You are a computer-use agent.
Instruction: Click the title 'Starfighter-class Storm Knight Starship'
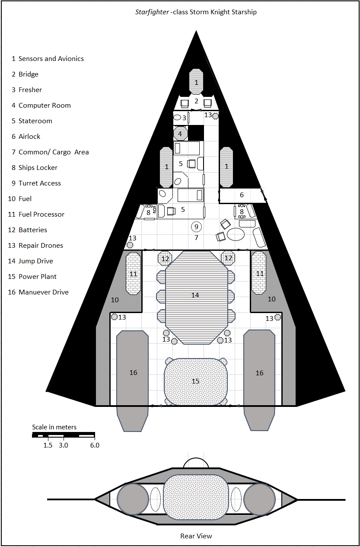[x=196, y=12]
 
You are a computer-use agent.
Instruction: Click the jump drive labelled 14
[x=196, y=295]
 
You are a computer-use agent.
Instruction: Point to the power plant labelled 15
[x=196, y=381]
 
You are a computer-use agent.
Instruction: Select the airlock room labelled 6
[x=242, y=195]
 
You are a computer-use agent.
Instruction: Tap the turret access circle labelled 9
[x=196, y=226]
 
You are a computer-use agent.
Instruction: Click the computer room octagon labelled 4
[x=180, y=134]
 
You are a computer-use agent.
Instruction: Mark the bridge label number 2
[x=196, y=101]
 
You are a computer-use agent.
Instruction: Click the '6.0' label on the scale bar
[x=95, y=445]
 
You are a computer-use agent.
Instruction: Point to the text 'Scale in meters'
[x=54, y=427]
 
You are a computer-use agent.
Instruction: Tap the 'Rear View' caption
[x=196, y=536]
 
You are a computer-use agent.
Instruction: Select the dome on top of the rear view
[x=196, y=463]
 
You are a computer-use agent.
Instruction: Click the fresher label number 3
[x=184, y=118]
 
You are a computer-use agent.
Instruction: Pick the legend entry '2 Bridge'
[x=25, y=74]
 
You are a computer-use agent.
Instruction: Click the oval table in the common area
[x=236, y=234]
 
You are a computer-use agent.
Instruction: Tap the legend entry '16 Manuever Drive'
[x=38, y=292]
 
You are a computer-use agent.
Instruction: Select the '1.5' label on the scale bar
[x=48, y=445]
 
